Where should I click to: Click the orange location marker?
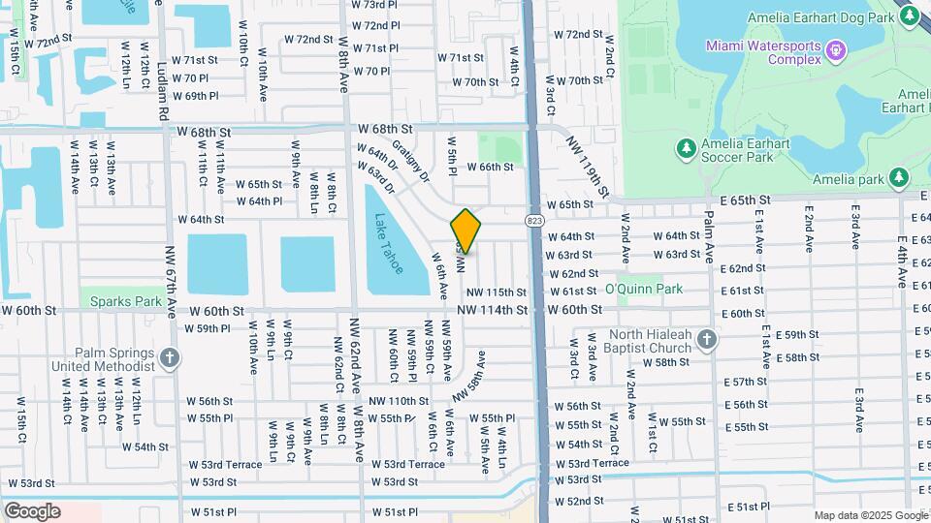pyautogui.click(x=465, y=231)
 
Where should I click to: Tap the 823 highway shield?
pyautogui.click(x=535, y=222)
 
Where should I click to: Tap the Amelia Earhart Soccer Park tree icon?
pyautogui.click(x=686, y=146)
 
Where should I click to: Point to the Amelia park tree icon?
pyautogui.click(x=899, y=177)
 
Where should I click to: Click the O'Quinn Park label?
pyautogui.click(x=643, y=289)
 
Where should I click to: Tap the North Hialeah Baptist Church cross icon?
pyautogui.click(x=707, y=339)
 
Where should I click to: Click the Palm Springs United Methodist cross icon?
pyautogui.click(x=170, y=358)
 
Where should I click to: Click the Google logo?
pyautogui.click(x=32, y=511)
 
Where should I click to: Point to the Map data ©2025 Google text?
pyautogui.click(x=870, y=515)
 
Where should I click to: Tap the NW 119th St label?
pyautogui.click(x=587, y=164)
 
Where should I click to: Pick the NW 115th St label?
pyautogui.click(x=497, y=292)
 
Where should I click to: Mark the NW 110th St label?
pyautogui.click(x=398, y=400)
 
